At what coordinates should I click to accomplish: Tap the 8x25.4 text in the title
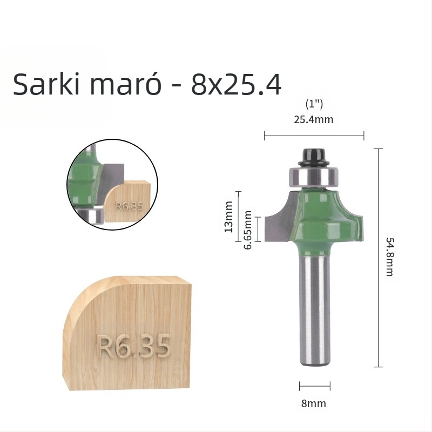237,85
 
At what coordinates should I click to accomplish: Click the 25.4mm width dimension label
313,119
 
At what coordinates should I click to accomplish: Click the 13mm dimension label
228,216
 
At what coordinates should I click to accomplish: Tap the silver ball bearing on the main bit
315,176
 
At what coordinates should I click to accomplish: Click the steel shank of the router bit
315,313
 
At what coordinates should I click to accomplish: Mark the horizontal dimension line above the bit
314,136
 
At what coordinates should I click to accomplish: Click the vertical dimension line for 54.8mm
379,258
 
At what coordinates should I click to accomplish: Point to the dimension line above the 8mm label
315,386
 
